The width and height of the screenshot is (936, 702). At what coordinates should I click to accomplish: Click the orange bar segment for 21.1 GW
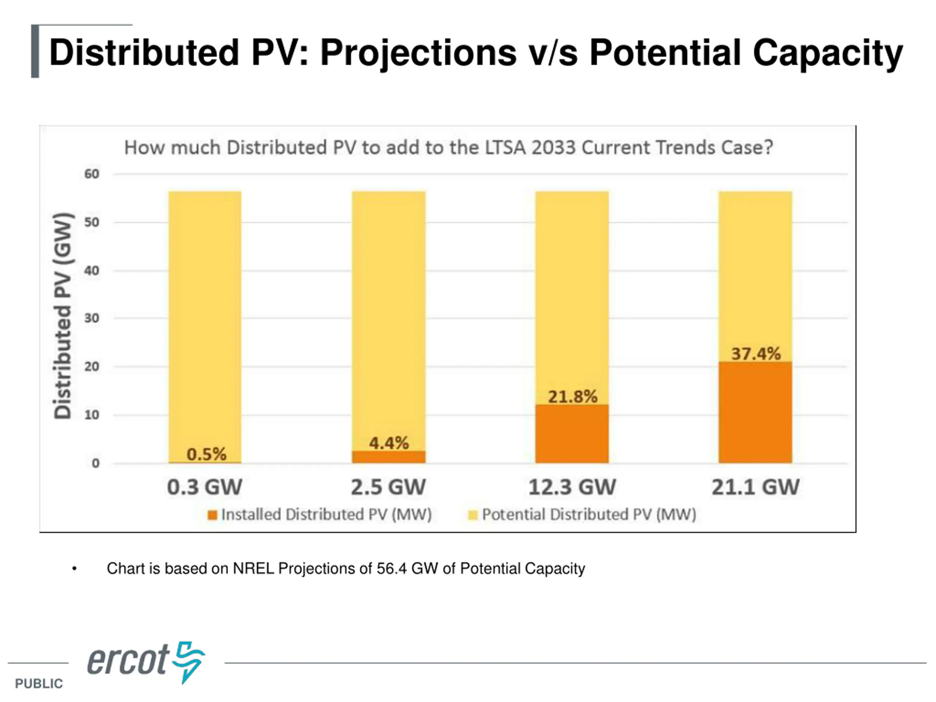click(x=755, y=412)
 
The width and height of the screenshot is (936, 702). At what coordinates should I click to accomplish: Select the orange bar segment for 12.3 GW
click(x=572, y=434)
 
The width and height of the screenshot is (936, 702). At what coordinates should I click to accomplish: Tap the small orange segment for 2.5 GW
click(x=388, y=457)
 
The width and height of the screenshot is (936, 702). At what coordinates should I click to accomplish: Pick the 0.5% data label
click(x=207, y=454)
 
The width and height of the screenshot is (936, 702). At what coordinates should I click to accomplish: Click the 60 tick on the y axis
click(x=91, y=174)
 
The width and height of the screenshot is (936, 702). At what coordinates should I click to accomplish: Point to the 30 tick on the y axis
click(x=91, y=318)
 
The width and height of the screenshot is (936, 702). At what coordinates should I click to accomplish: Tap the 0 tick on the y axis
click(x=96, y=463)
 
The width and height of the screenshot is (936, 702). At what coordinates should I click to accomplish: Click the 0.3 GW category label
click(x=205, y=487)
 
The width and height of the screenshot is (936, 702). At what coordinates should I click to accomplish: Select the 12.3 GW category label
click(x=572, y=487)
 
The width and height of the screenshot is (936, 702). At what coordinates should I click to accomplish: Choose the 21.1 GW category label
click(x=755, y=487)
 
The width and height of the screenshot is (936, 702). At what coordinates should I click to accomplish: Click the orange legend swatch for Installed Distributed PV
click(x=212, y=515)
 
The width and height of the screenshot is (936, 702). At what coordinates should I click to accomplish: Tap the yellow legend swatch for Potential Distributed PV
click(x=473, y=515)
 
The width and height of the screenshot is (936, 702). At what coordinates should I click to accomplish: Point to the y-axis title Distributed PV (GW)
click(x=63, y=316)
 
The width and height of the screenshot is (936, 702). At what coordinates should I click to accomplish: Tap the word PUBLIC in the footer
click(x=39, y=683)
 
